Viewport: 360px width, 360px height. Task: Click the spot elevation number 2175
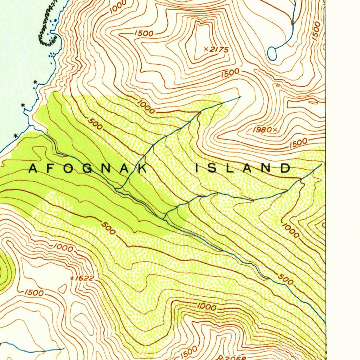pos(220,50)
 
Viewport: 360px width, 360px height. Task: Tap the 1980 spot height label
pos(262,130)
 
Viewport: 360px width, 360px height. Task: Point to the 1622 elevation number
pos(85,278)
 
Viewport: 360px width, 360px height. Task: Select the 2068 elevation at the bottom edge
pos(234,358)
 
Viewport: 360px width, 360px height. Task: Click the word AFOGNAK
pos(88,168)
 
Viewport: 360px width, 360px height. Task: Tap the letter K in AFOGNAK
pos(142,168)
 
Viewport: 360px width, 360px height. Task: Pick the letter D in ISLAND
pos(285,168)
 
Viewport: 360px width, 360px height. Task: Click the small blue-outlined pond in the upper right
pos(272,53)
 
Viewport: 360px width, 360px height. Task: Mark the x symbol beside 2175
pos(206,49)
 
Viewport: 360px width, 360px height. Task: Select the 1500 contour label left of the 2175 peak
pos(144,33)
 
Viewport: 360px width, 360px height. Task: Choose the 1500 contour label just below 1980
pos(299,143)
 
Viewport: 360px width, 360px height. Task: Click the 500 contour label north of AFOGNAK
pos(96,123)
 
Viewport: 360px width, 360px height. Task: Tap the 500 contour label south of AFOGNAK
pos(108,228)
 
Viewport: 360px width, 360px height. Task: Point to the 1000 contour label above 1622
pos(63,248)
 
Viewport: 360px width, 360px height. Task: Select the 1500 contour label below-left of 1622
pos(34,292)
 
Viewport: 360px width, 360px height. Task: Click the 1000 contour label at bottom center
pos(206,307)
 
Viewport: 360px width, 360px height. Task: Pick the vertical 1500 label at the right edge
pos(316,31)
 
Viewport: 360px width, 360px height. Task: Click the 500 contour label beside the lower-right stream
pos(285,279)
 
